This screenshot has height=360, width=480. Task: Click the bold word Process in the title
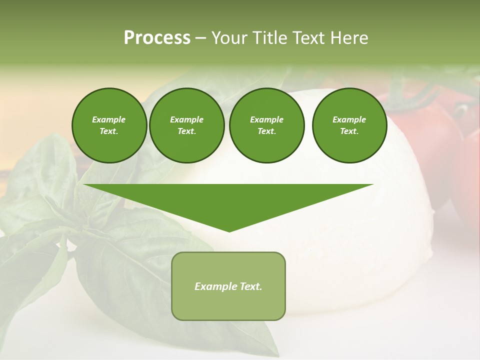click(x=157, y=38)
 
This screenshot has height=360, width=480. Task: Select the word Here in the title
click(x=348, y=38)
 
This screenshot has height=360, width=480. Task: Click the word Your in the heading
click(x=230, y=38)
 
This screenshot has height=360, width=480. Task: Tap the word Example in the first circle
click(x=109, y=119)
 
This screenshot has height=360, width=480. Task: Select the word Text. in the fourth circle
click(x=349, y=131)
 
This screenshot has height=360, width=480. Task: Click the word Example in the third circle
click(x=266, y=119)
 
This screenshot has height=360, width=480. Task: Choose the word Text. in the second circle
click(x=186, y=131)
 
